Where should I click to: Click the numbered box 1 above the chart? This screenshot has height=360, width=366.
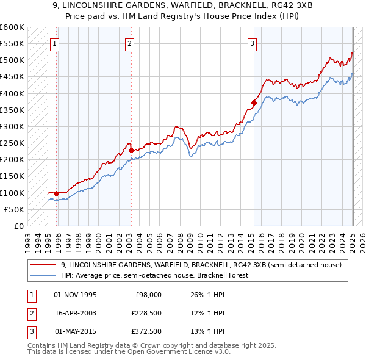click(55, 43)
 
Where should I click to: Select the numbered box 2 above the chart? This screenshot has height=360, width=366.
click(131, 43)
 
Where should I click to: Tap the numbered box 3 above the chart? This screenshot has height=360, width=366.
click(253, 43)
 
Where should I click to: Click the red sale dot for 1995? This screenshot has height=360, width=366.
click(57, 193)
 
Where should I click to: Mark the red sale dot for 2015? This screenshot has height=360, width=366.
click(254, 103)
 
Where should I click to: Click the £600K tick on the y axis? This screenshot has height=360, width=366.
click(12, 27)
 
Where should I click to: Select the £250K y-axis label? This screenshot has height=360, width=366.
click(12, 143)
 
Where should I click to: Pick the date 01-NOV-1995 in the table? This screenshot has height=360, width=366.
click(76, 295)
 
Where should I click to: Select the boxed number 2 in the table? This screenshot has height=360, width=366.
click(30, 313)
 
